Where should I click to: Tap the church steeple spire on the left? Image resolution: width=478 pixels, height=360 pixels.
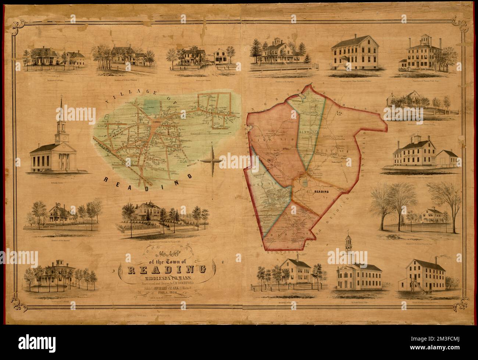click(61, 107)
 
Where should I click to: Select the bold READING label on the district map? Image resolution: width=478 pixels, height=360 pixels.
click(321, 192)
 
